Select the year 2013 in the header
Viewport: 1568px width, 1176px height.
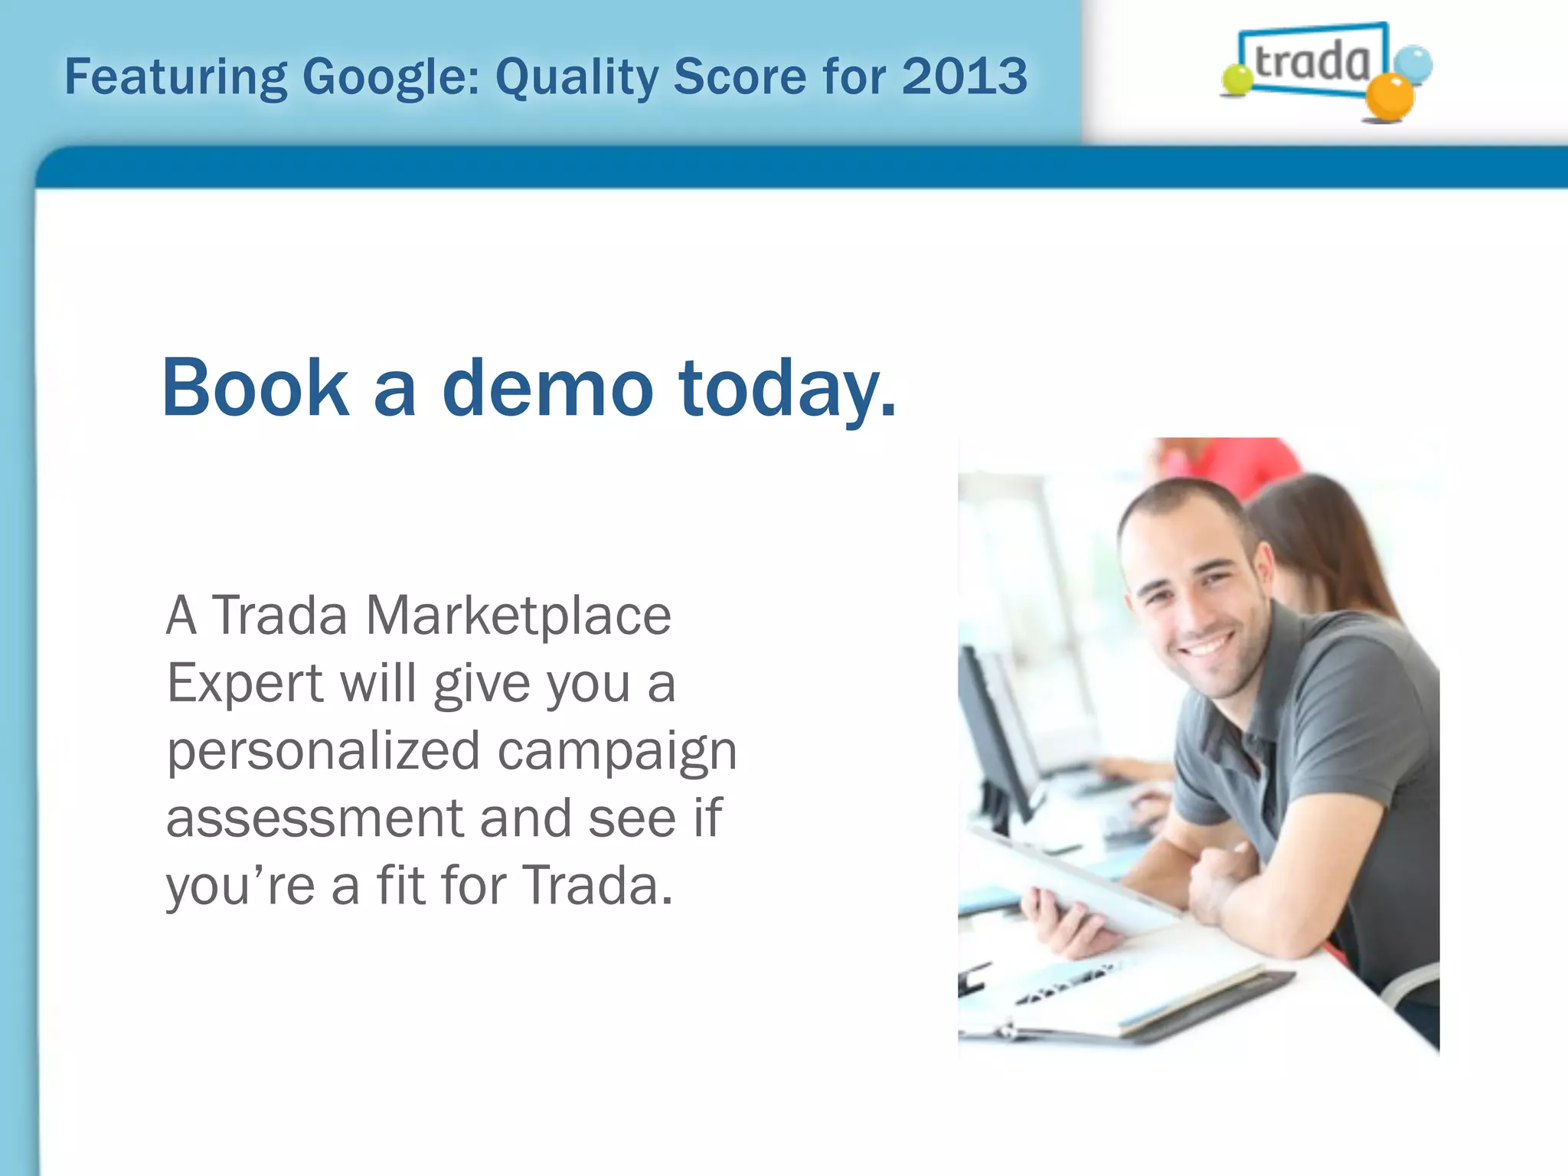964,77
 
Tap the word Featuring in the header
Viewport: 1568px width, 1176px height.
175,78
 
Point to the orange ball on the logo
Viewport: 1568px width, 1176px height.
1389,97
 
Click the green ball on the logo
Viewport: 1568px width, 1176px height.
1236,80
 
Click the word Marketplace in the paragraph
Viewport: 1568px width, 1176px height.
518,616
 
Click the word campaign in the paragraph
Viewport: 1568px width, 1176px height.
617,753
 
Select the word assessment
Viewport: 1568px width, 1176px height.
315,818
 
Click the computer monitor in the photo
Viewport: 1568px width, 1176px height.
995,735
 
